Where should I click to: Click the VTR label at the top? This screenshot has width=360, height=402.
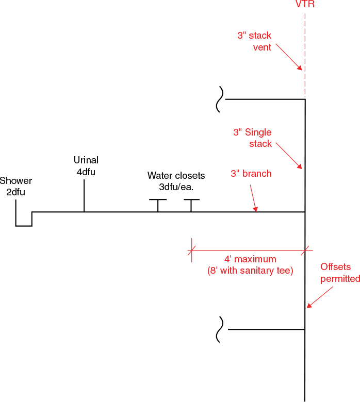[x=305, y=5]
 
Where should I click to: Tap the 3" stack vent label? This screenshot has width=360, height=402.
[x=254, y=42]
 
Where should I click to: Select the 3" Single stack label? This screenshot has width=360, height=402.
[x=252, y=138]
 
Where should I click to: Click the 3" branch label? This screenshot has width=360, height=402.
[x=251, y=174]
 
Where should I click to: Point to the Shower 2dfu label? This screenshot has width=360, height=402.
[x=16, y=187]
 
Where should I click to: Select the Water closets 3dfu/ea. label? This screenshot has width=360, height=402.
[x=176, y=181]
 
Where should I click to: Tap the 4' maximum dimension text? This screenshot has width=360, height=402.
[x=250, y=259]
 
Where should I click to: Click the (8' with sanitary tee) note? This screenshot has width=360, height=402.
[x=250, y=271]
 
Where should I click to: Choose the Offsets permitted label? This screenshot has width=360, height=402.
[x=340, y=273]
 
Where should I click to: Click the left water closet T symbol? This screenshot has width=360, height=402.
[x=158, y=204]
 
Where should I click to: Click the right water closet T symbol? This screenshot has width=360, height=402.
[x=191, y=204]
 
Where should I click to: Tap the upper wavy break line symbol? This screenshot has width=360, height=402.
[x=220, y=99]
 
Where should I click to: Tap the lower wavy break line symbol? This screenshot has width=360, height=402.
[x=220, y=329]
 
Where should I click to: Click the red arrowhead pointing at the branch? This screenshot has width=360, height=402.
[x=255, y=209]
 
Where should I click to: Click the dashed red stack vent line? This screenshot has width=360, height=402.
[x=305, y=57]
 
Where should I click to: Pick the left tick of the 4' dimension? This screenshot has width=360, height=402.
[x=192, y=250]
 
